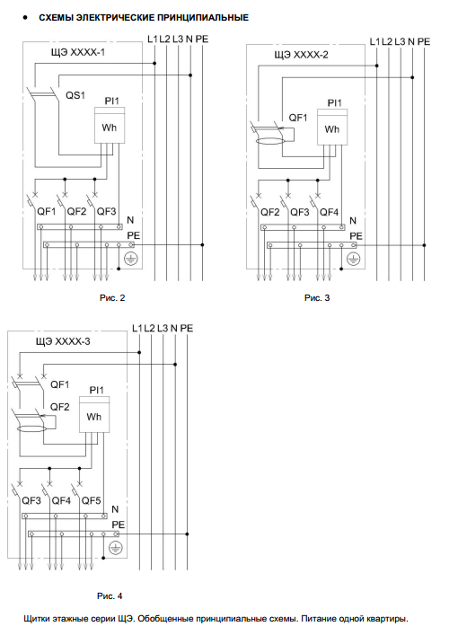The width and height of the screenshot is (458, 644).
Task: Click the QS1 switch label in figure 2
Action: (75, 95)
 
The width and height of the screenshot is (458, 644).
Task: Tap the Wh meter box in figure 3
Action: (332, 127)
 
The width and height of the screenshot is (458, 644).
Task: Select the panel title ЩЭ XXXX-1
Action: (77, 53)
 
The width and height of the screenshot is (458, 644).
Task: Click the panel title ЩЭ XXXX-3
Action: (62, 341)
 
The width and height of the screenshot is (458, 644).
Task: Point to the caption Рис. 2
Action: (112, 298)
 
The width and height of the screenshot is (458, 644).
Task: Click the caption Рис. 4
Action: (110, 595)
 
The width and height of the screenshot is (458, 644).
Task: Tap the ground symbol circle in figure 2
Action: (131, 259)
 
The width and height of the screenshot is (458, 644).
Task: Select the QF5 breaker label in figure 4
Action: (91, 501)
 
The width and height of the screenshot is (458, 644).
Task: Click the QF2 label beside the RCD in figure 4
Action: (60, 407)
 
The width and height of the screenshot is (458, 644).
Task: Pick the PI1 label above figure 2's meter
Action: (111, 101)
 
